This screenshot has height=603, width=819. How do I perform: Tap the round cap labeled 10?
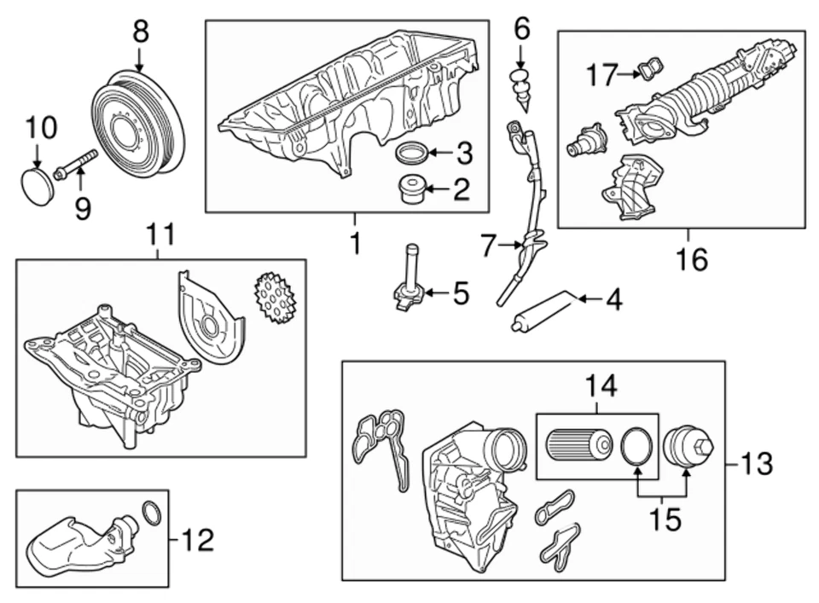pyautogui.click(x=38, y=187)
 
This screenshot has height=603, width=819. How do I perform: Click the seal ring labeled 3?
pyautogui.click(x=413, y=154)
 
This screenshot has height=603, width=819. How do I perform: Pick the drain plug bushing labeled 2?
pyautogui.click(x=412, y=189)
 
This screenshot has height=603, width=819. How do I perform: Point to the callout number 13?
pyautogui.click(x=755, y=465)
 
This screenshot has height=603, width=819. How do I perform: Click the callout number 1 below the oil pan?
pyautogui.click(x=355, y=243)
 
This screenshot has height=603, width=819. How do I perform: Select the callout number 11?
pyautogui.click(x=159, y=233)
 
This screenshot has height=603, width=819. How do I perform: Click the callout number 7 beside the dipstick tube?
pyautogui.click(x=487, y=246)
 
